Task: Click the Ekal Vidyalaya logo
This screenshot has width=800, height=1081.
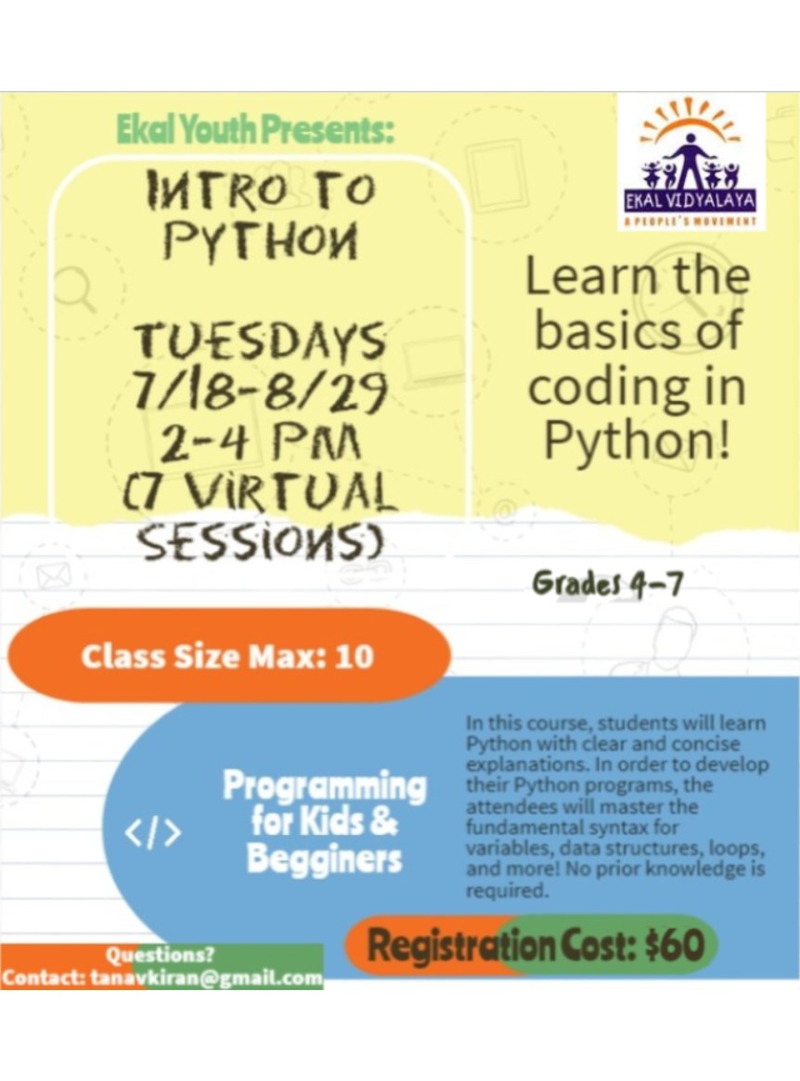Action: tap(690, 162)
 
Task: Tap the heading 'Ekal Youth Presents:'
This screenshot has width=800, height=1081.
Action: tap(255, 130)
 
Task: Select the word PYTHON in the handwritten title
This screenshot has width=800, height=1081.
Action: tap(262, 240)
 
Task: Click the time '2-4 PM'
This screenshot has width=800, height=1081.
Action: tap(260, 442)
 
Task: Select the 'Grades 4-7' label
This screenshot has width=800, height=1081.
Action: tap(608, 585)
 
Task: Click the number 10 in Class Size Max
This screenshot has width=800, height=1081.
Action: tap(354, 656)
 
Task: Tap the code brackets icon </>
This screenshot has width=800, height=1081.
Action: tap(153, 832)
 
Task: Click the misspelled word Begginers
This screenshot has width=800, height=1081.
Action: tap(324, 859)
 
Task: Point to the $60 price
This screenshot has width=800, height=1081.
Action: tap(675, 945)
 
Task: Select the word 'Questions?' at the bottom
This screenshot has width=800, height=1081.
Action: tap(160, 955)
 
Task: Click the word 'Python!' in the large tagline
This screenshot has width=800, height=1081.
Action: tap(637, 441)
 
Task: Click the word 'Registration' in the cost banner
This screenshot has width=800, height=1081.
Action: tap(460, 945)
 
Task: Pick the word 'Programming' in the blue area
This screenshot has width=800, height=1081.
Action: tap(325, 786)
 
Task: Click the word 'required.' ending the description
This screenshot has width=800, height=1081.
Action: tap(507, 890)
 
